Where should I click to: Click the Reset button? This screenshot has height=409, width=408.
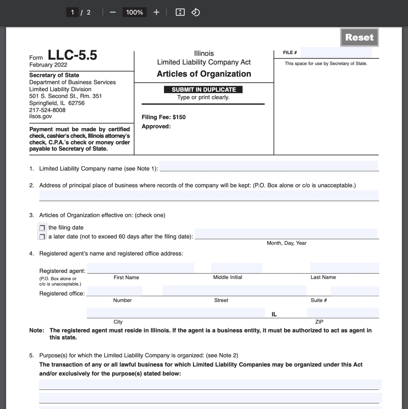[359, 37]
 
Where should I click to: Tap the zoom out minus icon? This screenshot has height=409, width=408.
[113, 12]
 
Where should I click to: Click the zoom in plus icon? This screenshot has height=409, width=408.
[156, 12]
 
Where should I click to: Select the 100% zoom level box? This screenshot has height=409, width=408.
[134, 12]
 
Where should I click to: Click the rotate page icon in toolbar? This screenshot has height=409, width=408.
[196, 12]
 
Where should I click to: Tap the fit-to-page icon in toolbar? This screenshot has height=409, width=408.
[180, 12]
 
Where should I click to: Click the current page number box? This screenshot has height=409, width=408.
[72, 12]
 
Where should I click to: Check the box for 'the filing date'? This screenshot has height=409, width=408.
[42, 228]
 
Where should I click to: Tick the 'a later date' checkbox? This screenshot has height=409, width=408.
[42, 236]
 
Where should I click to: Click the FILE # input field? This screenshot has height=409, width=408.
[336, 53]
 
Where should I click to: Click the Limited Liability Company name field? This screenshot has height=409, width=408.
[268, 166]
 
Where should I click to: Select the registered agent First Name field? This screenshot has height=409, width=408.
[140, 268]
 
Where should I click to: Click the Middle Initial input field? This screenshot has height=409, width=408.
[236, 268]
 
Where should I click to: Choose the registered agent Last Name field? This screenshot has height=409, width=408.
[344, 268]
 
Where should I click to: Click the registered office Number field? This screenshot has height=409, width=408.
[115, 291]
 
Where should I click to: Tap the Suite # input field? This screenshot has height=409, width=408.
[355, 291]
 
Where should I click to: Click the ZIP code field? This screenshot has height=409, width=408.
[343, 313]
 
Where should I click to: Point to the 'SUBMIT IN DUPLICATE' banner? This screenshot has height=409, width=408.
[203, 89]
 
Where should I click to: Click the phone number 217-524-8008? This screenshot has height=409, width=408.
[47, 110]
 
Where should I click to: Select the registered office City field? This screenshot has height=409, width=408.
[176, 313]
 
